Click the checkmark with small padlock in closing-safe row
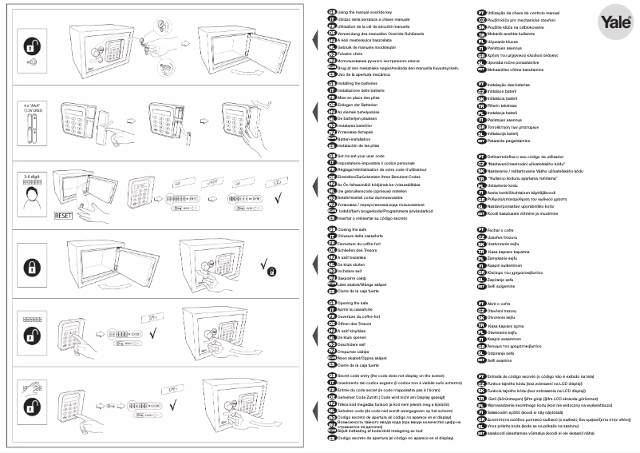pos(268,266)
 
